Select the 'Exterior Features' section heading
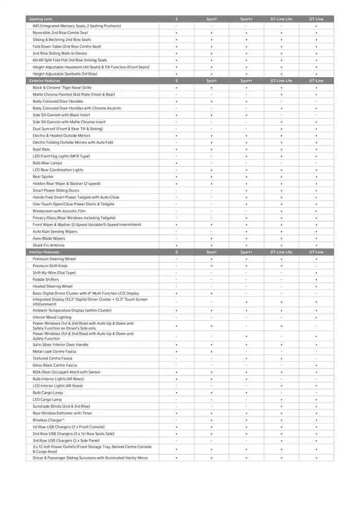click(45, 81)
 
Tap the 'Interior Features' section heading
click(44, 252)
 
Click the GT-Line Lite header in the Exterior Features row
click(281, 81)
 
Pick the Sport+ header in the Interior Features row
click(246, 252)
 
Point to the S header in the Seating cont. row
click(176, 19)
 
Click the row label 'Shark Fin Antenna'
click(49, 245)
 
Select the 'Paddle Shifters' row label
click(46, 280)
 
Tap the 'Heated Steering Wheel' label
click(52, 286)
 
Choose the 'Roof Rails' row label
click(42, 149)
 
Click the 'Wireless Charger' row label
click(47, 420)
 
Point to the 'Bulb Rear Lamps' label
click(47, 163)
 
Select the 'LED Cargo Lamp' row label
click(47, 399)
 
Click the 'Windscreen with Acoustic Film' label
click(59, 211)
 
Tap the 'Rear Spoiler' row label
click(43, 177)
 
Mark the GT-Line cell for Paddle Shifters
click(316, 280)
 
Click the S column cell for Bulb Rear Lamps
click(176, 163)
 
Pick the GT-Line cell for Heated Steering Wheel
click(316, 286)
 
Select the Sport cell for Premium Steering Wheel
click(211, 259)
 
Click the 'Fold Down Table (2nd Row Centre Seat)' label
click(67, 46)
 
